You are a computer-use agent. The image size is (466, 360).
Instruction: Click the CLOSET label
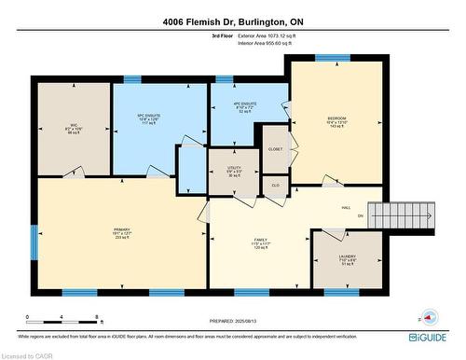275,149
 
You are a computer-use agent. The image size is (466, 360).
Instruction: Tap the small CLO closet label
275,186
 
